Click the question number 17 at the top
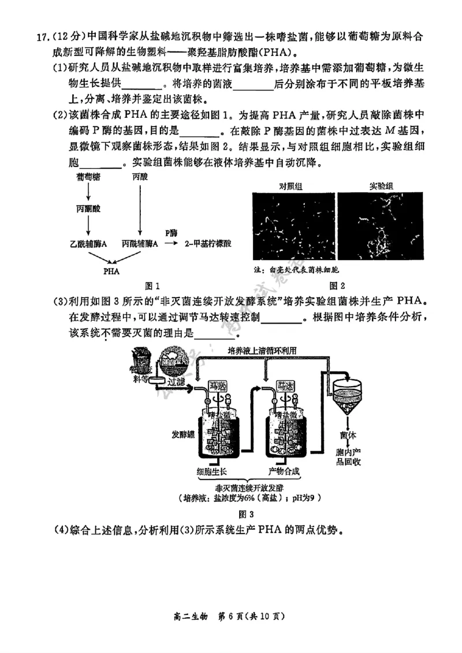[42, 38]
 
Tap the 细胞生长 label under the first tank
[215, 470]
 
